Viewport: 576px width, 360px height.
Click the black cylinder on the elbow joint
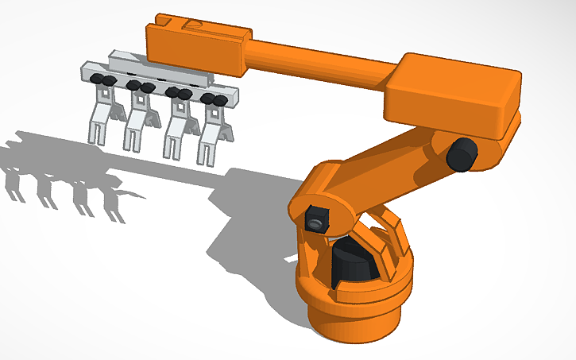[x=460, y=153]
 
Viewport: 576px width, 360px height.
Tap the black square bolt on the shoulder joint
[x=315, y=219]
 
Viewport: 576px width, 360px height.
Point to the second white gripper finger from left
[x=138, y=120]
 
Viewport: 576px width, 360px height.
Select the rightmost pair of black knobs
[x=212, y=99]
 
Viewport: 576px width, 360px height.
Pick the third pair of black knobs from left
[x=177, y=93]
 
